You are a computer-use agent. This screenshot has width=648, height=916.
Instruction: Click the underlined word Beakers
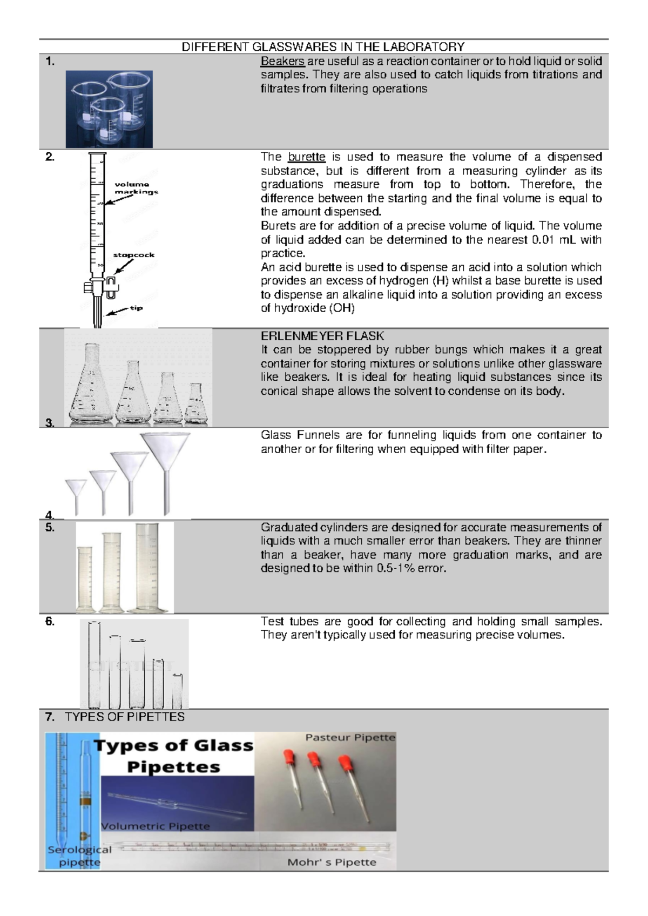pos(282,61)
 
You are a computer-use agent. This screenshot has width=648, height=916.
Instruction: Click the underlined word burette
pos(307,157)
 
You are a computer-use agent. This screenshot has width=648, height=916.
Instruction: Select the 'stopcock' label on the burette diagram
pos(134,255)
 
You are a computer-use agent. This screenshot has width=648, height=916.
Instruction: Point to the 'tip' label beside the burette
pos(136,308)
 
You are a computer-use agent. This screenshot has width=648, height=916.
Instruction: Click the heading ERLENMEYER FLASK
pos(322,336)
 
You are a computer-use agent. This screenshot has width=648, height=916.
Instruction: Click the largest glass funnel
pos(166,459)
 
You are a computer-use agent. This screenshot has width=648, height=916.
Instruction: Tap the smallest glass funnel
pos(76,491)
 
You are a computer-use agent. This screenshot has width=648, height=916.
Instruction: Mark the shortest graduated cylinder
pos(85,579)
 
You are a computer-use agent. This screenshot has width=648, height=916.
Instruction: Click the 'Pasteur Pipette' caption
pos(350,738)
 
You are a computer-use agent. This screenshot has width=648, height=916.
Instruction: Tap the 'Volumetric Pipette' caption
pos(156,826)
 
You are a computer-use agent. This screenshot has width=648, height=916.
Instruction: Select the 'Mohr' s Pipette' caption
pos(332,863)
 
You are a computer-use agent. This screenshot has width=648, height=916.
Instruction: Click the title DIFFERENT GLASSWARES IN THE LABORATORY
pos(323,47)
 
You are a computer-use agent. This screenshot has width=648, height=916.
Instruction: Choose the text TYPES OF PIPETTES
pos(124,717)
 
